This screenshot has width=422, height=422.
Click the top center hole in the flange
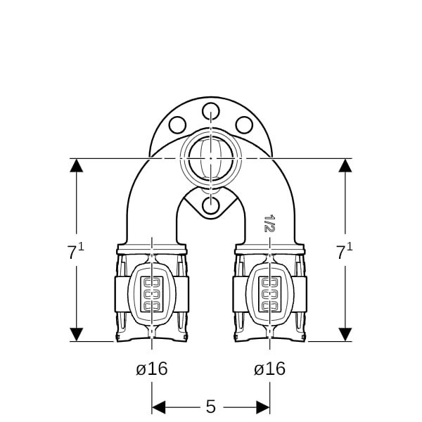click(x=211, y=111)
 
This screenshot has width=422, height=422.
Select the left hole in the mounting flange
click(x=177, y=125)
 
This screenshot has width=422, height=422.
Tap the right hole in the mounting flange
click(x=244, y=125)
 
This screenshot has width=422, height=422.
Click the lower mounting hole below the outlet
click(x=211, y=205)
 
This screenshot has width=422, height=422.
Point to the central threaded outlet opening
click(x=211, y=158)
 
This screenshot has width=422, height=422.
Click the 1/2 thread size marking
click(x=269, y=223)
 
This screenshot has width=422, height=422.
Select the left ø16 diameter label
click(x=152, y=369)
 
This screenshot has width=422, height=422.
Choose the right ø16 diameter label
click(x=269, y=369)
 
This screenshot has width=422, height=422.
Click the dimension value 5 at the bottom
click(x=211, y=407)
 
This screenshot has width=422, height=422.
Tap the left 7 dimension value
click(x=72, y=253)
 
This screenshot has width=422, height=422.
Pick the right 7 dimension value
click(x=340, y=253)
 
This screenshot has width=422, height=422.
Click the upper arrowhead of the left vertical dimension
click(x=77, y=165)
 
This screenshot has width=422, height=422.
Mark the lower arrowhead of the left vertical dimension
click(x=77, y=335)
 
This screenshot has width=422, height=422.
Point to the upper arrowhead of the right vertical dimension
click(x=345, y=165)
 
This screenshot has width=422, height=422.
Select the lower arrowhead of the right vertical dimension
click(x=345, y=335)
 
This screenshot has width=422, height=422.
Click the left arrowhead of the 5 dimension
click(x=158, y=407)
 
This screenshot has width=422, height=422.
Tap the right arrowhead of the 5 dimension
click(x=263, y=407)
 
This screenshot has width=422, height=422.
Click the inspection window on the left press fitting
click(x=152, y=294)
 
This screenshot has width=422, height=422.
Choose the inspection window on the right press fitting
click(x=270, y=294)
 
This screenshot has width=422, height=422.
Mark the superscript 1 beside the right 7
click(x=350, y=246)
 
